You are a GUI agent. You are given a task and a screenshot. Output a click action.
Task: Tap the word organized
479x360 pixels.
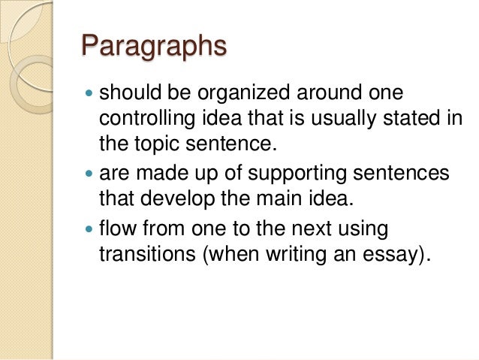(237, 95)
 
